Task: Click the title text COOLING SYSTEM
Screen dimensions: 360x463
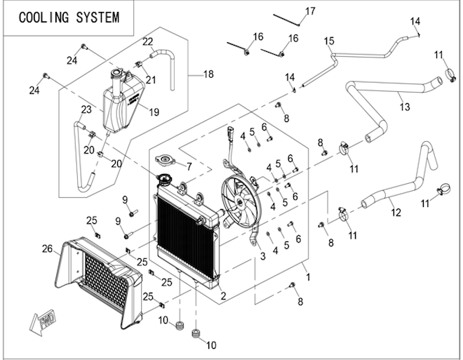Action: click(x=69, y=18)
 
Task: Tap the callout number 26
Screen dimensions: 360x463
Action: click(x=47, y=248)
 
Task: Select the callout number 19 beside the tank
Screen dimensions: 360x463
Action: click(x=154, y=111)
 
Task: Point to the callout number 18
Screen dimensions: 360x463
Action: click(x=208, y=74)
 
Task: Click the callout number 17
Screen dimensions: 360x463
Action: click(x=310, y=11)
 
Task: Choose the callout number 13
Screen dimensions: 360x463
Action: click(x=405, y=107)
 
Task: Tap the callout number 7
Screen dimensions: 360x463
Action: click(x=187, y=166)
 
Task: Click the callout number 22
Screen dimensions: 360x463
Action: click(x=148, y=42)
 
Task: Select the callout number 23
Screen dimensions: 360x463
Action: click(x=86, y=109)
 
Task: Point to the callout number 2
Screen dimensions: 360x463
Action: click(x=223, y=297)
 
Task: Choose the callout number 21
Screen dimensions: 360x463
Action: click(x=151, y=80)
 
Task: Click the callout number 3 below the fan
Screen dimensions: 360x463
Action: click(x=263, y=257)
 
